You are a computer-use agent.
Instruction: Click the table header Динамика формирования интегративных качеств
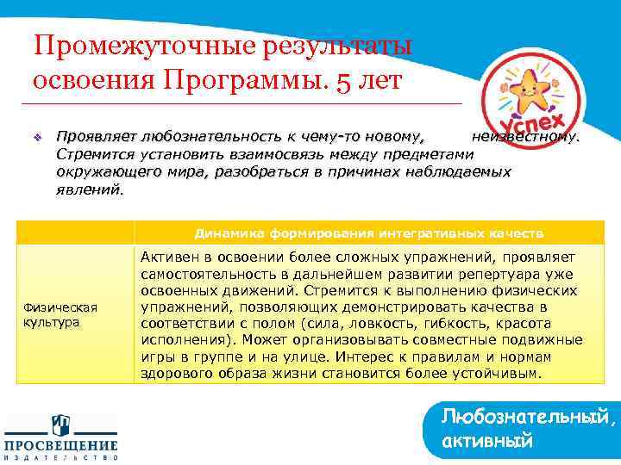pyautogui.click(x=368, y=232)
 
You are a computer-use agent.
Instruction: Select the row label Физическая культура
pyautogui.click(x=60, y=314)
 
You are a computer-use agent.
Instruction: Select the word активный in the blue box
pyautogui.click(x=486, y=442)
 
